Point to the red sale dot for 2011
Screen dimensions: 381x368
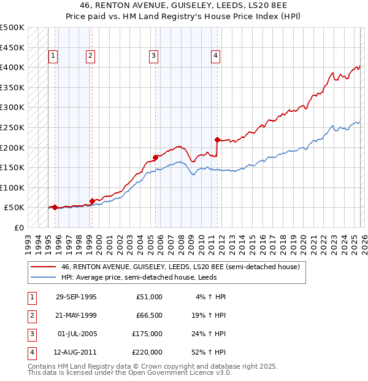pyautogui.click(x=218, y=139)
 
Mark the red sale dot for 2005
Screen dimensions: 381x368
pyautogui.click(x=155, y=157)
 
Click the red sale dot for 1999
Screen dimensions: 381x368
pyautogui.click(x=92, y=200)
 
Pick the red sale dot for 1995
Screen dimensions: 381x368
pyautogui.click(x=55, y=207)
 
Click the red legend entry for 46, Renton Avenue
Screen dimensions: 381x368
pyautogui.click(x=180, y=267)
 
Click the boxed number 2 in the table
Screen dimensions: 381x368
pyautogui.click(x=32, y=315)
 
